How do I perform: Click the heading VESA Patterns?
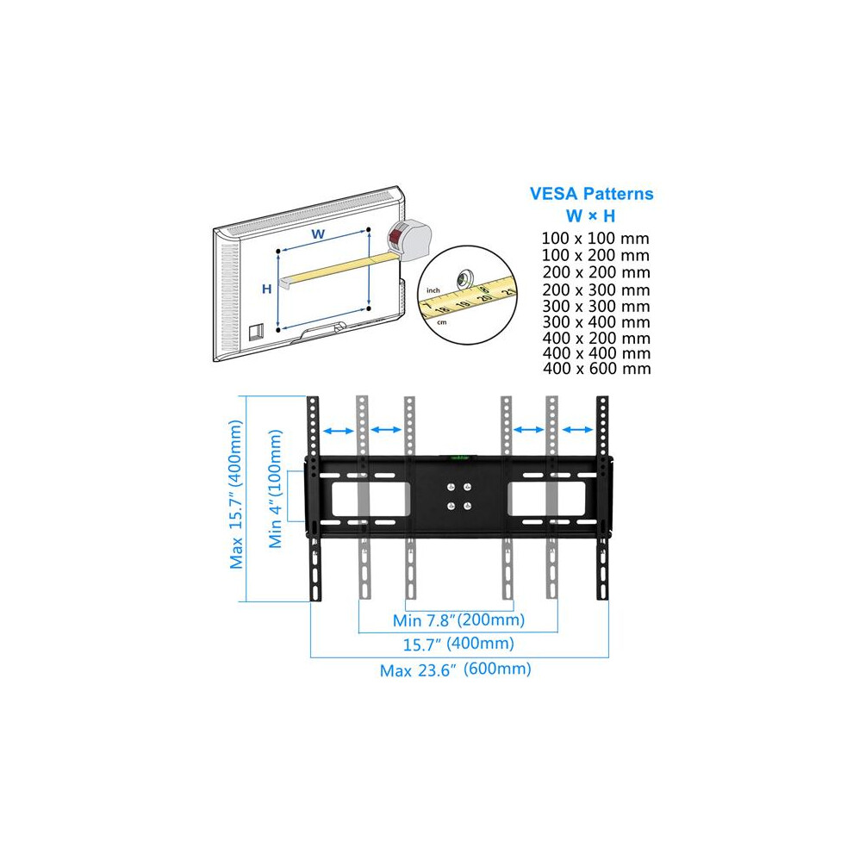pyautogui.click(x=591, y=194)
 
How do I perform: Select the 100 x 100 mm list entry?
pyautogui.click(x=595, y=239)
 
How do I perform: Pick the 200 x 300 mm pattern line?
pyautogui.click(x=595, y=290)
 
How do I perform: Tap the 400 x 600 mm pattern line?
pyautogui.click(x=597, y=368)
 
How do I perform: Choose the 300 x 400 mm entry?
pyautogui.click(x=596, y=322)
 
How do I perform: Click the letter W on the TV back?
pyautogui.click(x=318, y=234)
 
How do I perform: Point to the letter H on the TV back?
pyautogui.click(x=266, y=289)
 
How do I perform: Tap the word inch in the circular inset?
pyautogui.click(x=433, y=290)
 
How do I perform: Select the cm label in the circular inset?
pyautogui.click(x=442, y=322)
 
